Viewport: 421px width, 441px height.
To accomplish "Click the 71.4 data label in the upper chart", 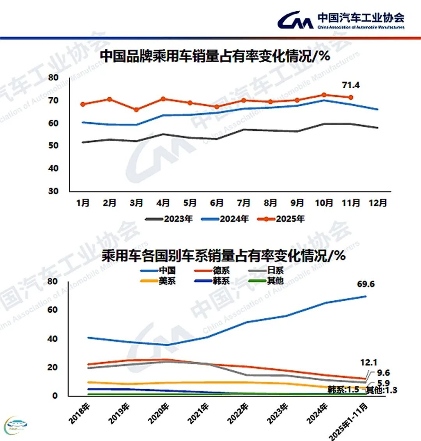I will (350, 85).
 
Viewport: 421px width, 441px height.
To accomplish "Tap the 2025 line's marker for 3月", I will (136, 110).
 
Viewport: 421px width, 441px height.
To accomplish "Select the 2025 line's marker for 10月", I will (324, 95).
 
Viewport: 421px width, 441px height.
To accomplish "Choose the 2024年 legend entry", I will (225, 219).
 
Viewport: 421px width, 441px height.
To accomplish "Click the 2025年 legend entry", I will (281, 219).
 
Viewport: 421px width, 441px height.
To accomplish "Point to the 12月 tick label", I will (377, 203).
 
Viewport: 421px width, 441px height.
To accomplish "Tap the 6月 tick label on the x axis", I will (216, 203).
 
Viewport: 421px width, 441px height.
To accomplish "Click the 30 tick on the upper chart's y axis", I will (53, 191).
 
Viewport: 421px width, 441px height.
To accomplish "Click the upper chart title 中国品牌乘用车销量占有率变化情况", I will (215, 56).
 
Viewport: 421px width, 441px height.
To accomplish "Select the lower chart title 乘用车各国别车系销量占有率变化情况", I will (223, 256).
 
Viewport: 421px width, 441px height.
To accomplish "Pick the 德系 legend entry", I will (212, 270).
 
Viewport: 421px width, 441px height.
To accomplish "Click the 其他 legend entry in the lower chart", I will (267, 281).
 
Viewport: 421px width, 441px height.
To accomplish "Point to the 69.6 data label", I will (366, 284).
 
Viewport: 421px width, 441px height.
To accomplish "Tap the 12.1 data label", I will (368, 363).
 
